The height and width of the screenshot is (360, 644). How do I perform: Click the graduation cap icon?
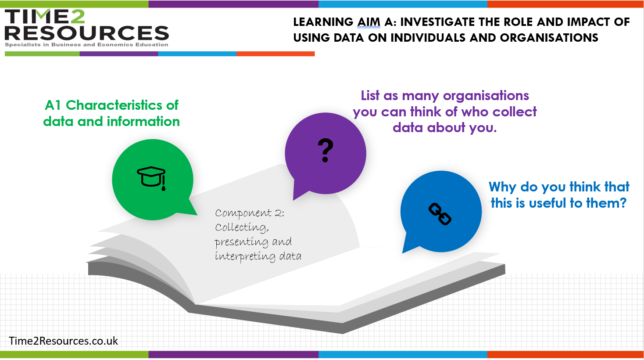point(151,178)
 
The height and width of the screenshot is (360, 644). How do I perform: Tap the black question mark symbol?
point(326,151)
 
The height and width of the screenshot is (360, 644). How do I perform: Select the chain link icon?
point(440,214)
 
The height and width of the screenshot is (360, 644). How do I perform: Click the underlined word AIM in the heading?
point(369,22)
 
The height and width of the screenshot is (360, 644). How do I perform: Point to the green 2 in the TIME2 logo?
point(77,16)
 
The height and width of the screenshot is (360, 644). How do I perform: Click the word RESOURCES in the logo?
point(87,33)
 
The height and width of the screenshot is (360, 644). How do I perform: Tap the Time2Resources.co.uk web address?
point(63,341)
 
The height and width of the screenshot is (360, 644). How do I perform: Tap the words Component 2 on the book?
point(250,213)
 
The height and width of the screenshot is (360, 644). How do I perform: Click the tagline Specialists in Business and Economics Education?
point(86,45)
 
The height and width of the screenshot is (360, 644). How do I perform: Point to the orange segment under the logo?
point(275,54)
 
